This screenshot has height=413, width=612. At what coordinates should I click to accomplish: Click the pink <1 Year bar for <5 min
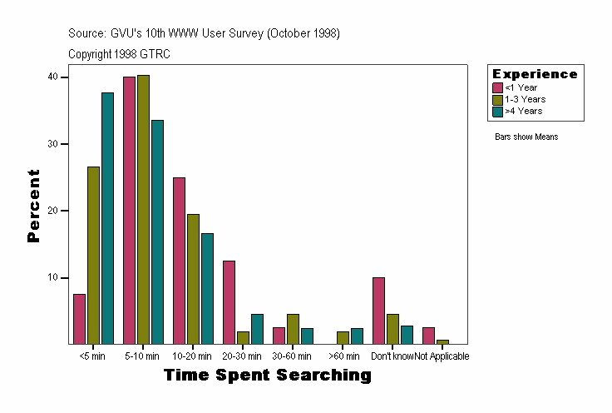click(79, 319)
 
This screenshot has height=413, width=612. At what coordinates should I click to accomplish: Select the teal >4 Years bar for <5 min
click(107, 218)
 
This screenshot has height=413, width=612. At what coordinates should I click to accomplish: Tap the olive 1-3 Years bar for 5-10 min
click(143, 209)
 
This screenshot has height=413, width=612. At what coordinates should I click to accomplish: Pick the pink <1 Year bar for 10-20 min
click(179, 261)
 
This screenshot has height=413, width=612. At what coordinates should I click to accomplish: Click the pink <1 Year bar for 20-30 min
click(229, 302)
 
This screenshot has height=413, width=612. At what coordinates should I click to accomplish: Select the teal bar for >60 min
click(357, 336)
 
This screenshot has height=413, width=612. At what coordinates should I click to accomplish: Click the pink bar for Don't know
click(378, 311)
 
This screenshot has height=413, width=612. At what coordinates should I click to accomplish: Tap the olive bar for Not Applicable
click(442, 341)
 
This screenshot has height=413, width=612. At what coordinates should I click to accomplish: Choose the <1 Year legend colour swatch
click(498, 87)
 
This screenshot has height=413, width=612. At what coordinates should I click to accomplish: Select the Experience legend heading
click(535, 74)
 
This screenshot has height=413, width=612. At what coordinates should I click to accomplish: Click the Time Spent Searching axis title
click(267, 376)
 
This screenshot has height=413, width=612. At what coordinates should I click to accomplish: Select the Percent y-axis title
click(33, 206)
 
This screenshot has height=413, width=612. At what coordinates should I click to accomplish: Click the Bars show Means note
click(526, 137)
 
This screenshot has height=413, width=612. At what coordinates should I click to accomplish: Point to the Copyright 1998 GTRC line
click(120, 53)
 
